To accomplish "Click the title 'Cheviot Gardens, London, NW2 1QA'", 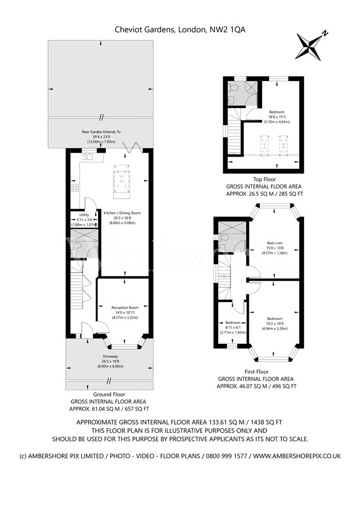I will (x=180, y=30).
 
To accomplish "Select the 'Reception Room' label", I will (x=125, y=307).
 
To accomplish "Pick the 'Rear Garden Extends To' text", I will (x=101, y=131).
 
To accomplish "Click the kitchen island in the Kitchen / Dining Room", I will (x=122, y=181).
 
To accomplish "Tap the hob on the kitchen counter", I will (x=75, y=187).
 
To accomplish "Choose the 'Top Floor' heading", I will (x=263, y=179).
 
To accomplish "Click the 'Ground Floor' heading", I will (x=109, y=395).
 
